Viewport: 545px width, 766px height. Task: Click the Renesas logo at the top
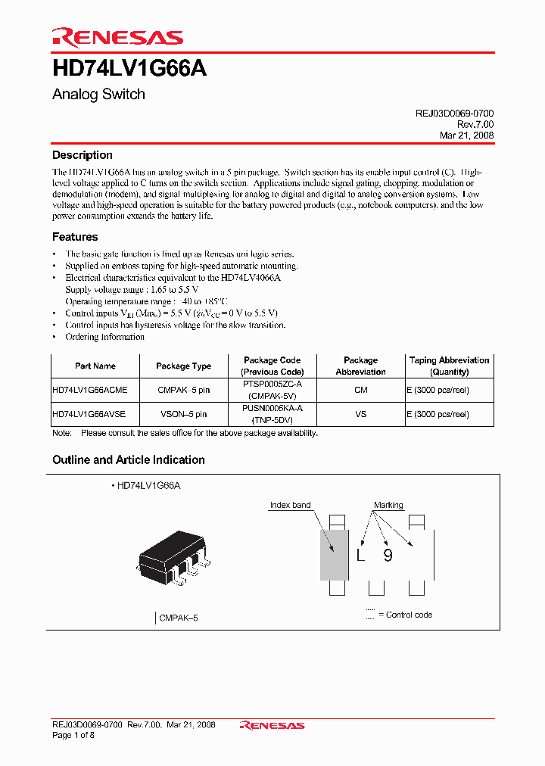click(117, 37)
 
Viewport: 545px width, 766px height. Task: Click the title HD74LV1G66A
click(129, 69)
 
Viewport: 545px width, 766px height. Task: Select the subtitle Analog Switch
click(98, 95)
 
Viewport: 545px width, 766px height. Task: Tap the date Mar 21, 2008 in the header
click(466, 135)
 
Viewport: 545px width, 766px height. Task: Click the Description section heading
click(83, 155)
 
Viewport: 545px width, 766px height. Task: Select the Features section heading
click(75, 237)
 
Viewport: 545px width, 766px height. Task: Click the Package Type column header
click(183, 366)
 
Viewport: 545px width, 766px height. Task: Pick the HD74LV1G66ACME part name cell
click(90, 390)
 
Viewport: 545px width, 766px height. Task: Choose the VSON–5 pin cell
click(183, 414)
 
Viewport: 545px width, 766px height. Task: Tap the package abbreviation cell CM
click(360, 390)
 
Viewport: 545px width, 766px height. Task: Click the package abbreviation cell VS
click(360, 414)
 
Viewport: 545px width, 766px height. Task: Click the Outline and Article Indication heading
click(129, 460)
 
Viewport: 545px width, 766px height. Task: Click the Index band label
click(290, 505)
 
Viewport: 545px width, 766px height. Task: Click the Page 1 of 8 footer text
click(73, 735)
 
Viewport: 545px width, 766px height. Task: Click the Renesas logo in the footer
click(272, 725)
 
